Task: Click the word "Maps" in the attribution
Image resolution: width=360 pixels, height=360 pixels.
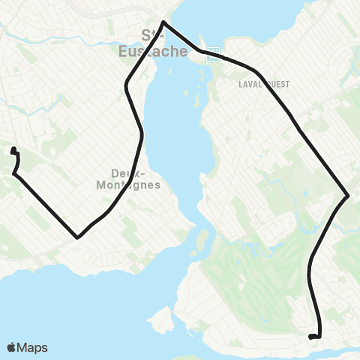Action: [34, 347]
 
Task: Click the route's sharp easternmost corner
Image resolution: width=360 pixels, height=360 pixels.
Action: [348, 196]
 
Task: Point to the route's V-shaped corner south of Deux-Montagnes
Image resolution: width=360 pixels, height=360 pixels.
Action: [77, 238]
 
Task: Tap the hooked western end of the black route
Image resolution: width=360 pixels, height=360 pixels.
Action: [13, 151]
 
